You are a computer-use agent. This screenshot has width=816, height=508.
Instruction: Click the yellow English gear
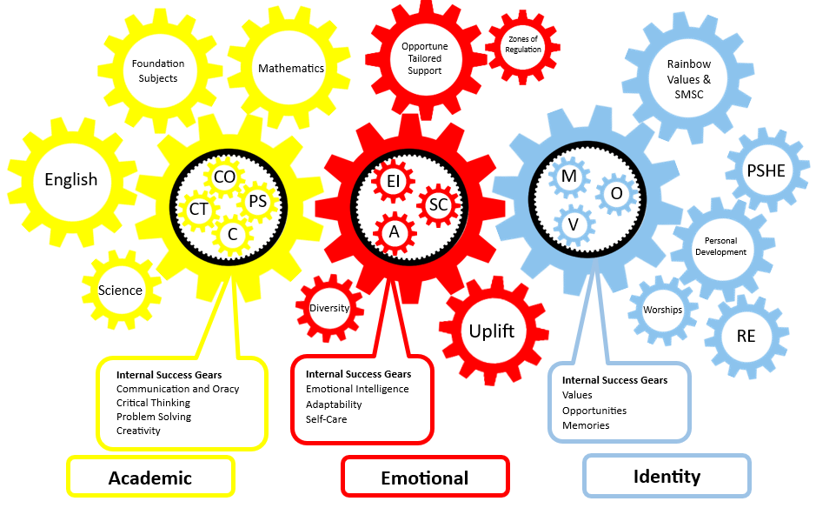pos(71,180)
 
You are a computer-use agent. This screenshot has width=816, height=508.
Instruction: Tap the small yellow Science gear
pos(120,291)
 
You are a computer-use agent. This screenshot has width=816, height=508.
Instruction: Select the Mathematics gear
pos(290,68)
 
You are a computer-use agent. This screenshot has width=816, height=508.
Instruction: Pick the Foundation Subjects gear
pos(157,70)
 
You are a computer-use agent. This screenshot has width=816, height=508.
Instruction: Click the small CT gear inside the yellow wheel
pos(198,209)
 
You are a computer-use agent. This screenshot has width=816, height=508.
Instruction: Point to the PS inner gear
pos(257,201)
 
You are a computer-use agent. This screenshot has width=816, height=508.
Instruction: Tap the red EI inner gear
pos(392,181)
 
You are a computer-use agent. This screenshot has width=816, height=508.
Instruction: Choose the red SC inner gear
pos(439,204)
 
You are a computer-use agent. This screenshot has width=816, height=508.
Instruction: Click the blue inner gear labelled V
pos(573,224)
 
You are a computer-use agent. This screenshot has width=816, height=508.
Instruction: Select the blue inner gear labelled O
pos(616,194)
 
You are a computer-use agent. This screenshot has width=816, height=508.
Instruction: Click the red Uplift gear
pos(492,331)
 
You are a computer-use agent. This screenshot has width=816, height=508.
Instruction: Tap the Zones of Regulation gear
pos(523,44)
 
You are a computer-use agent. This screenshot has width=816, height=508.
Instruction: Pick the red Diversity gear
pos(329,308)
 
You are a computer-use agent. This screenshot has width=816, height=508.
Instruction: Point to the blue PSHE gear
pos(766,170)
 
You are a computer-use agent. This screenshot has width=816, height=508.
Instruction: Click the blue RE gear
pos(746,337)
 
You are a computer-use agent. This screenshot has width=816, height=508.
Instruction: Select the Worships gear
pos(662,310)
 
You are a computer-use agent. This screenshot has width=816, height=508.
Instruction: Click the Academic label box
pos(150,478)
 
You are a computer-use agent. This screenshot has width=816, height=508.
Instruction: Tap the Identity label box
pos(667,477)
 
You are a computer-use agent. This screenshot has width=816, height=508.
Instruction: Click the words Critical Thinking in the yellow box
pos(153,403)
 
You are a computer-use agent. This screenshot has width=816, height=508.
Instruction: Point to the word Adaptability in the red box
pos(334,404)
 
